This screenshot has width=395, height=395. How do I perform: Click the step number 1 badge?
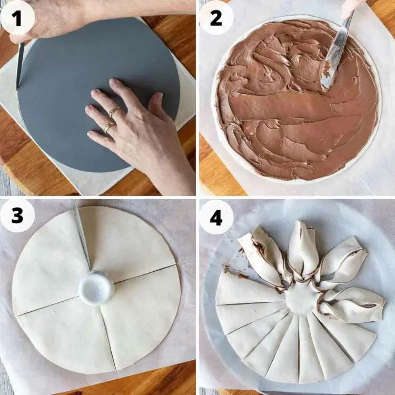tap(17, 17)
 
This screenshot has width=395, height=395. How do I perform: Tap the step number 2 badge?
tap(216, 17)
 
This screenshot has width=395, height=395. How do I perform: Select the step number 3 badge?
tap(17, 215)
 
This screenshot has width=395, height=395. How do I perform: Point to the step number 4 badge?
tap(216, 217)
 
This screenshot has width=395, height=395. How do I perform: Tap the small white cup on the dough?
tap(96, 284)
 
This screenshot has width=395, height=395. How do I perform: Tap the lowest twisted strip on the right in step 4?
tap(353, 305)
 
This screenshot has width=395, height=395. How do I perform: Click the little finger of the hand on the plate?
tap(100, 137)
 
